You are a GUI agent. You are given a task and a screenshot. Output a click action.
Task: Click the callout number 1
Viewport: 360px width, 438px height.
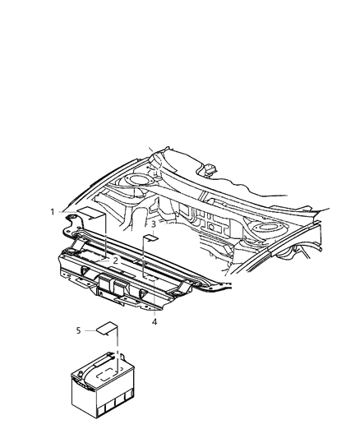point(52,212)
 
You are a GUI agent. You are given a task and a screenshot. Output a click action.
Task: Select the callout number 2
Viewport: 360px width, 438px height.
point(116,260)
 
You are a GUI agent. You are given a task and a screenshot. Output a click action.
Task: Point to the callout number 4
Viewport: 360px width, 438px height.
point(154,321)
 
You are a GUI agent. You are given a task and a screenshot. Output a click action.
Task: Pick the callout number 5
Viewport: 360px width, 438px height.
point(80,330)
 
